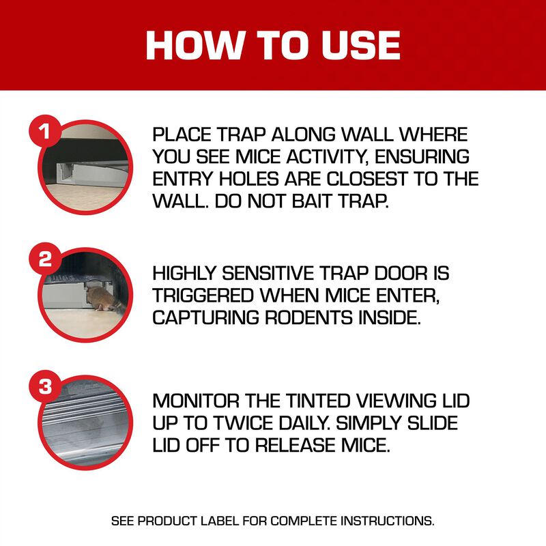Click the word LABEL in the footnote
tap(243, 521)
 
